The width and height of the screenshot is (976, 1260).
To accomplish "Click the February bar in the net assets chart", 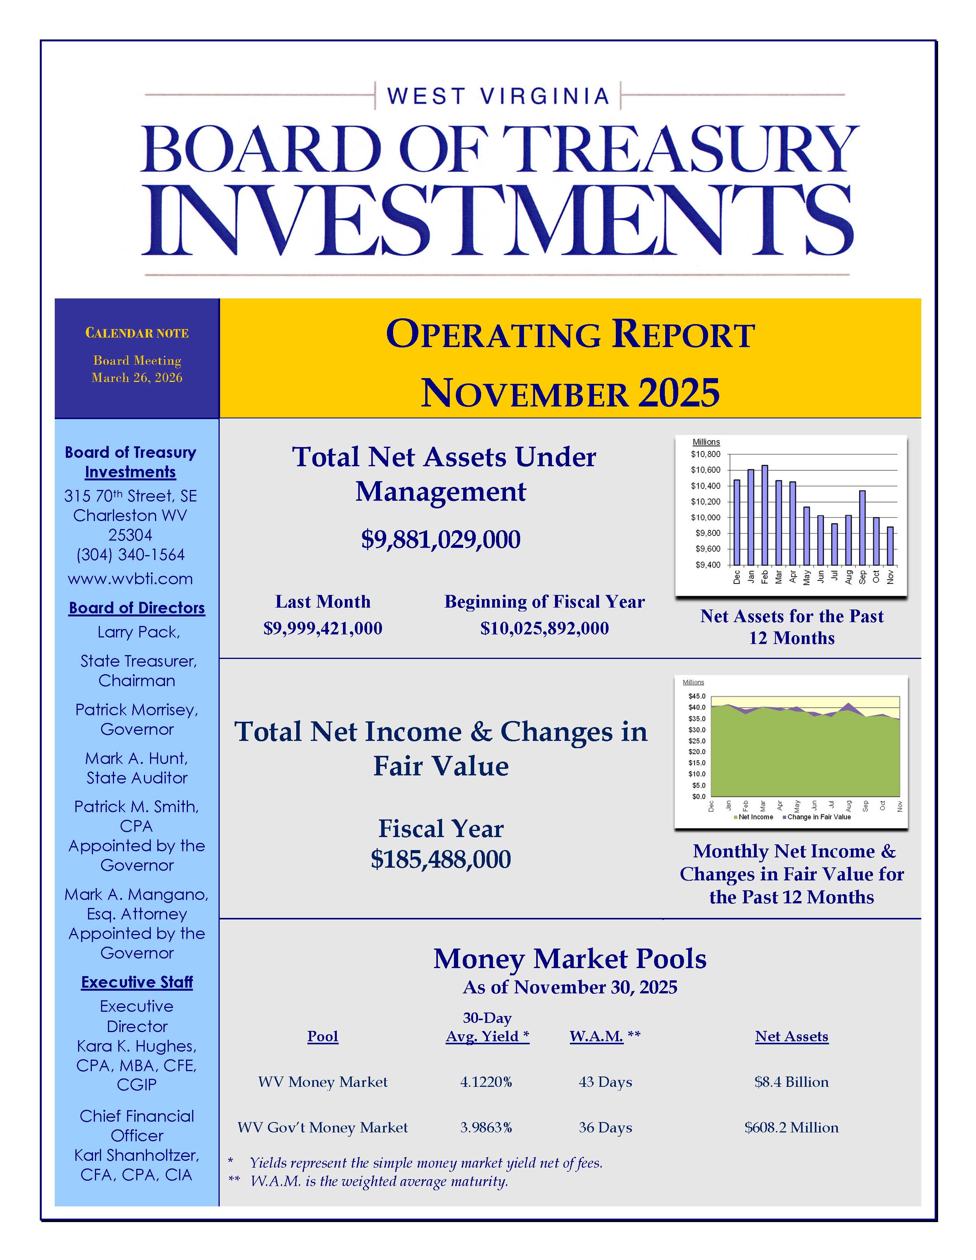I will tap(764, 514).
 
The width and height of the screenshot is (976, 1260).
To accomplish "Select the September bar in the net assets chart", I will tap(862, 527).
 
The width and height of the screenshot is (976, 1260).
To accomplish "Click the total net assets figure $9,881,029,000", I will tap(441, 539).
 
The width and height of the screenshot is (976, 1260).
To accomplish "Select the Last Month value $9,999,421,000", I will tap(323, 628).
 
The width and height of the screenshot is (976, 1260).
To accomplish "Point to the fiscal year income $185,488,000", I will tap(441, 860).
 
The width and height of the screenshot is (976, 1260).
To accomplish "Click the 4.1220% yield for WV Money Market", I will tap(486, 1082).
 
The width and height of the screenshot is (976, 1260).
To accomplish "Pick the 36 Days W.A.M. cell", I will tap(606, 1127).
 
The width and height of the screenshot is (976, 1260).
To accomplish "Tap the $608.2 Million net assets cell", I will tap(792, 1127).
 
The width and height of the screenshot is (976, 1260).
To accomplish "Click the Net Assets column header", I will tap(792, 1037).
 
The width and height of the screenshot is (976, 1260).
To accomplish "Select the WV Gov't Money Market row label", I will tap(323, 1127).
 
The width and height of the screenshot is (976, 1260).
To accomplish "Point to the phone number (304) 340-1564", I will tap(130, 555).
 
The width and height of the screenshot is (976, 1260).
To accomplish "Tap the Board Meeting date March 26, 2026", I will tap(137, 378).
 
